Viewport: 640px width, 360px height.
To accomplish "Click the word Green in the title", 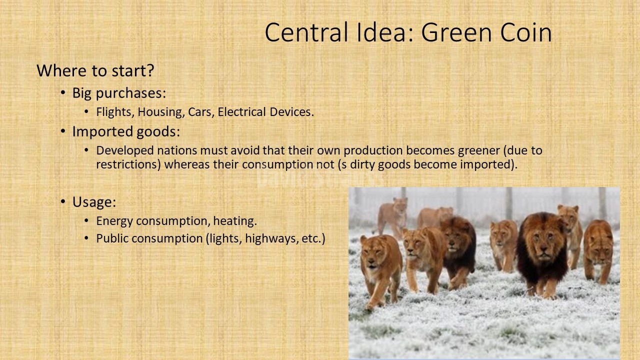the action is (x=456, y=32).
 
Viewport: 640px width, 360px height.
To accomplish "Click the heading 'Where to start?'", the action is (x=95, y=70).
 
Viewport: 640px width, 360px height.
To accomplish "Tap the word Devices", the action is (x=291, y=111).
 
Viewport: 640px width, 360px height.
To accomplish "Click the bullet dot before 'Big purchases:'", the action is (x=63, y=93).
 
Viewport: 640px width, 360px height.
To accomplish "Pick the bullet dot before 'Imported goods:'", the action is (x=63, y=131).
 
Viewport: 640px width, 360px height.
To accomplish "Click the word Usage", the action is (x=94, y=202).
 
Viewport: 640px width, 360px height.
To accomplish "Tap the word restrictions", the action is (x=128, y=164).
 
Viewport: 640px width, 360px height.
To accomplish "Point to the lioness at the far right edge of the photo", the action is (x=598, y=251).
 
